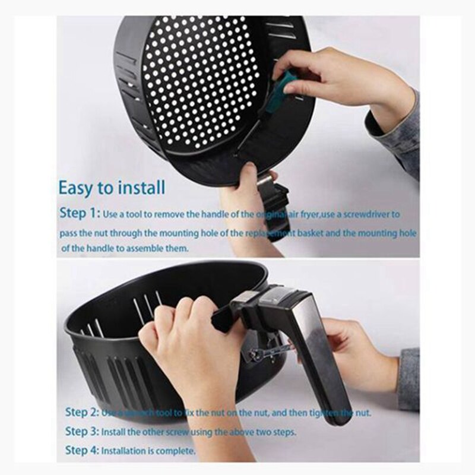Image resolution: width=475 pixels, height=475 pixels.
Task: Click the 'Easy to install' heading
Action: click(112, 188)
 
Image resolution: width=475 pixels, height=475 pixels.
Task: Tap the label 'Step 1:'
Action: click(80, 213)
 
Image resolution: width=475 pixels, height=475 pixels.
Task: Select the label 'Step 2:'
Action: click(81, 411)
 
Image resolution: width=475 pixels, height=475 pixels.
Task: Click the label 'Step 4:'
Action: click(81, 451)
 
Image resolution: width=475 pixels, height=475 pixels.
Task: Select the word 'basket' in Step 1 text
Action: click(306, 232)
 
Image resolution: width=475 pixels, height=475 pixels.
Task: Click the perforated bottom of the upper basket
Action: click(196, 77)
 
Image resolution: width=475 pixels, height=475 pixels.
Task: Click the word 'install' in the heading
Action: click(140, 188)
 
